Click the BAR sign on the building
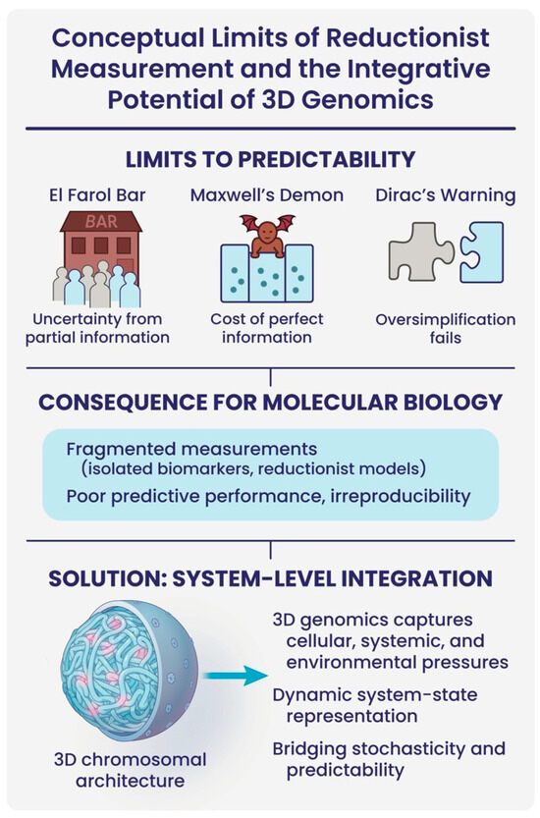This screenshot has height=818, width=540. coord(101,221)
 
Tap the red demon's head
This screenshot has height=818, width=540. coord(267,231)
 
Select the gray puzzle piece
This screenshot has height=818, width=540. coord(420,251)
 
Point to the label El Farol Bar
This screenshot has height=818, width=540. coord(97,195)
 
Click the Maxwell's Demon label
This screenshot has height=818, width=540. coord(267,195)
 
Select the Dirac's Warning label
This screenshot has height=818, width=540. coord(446,195)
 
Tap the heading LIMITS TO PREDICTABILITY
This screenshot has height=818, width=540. coord(270,159)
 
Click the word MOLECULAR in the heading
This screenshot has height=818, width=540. coord(323,403)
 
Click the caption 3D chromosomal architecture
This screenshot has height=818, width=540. coord(130,770)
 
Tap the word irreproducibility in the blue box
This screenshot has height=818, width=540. coord(401,496)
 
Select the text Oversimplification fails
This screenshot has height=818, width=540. coord(446,328)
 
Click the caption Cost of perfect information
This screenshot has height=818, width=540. coord(267,328)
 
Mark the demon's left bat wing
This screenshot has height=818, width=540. coord(250,222)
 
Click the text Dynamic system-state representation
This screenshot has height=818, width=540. coord(375,705)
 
